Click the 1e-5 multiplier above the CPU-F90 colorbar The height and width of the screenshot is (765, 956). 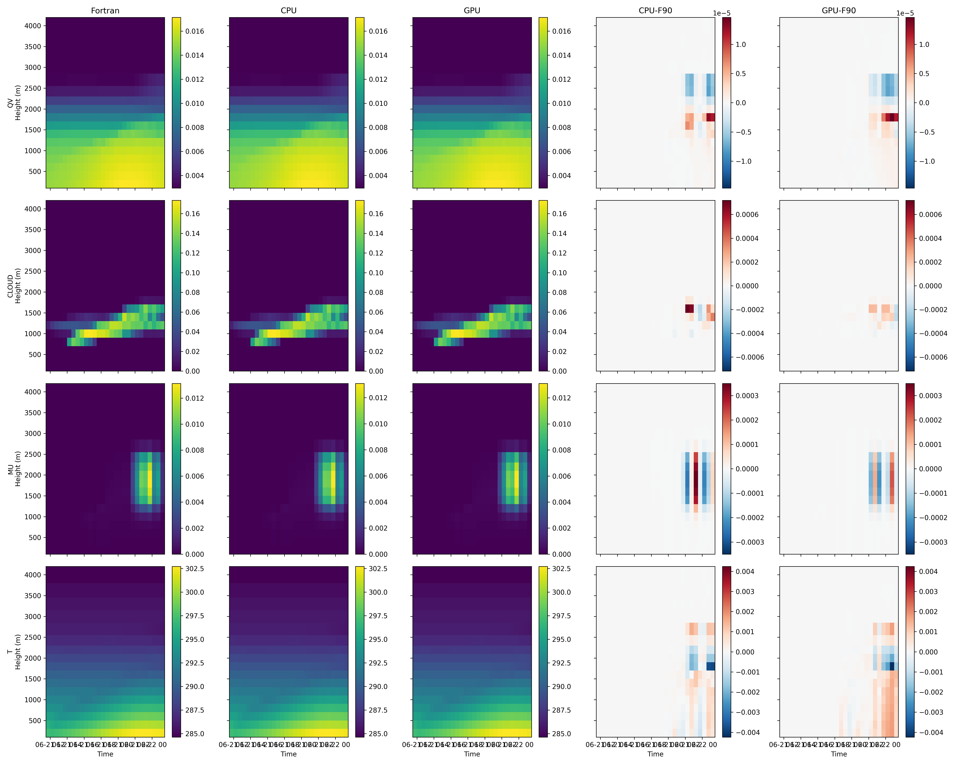(x=721, y=13)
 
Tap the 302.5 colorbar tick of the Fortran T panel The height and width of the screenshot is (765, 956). (x=195, y=569)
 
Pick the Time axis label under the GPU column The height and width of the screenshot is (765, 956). (x=472, y=754)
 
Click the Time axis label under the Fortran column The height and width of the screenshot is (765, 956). (x=105, y=754)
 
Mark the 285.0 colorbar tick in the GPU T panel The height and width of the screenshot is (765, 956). (x=561, y=733)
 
